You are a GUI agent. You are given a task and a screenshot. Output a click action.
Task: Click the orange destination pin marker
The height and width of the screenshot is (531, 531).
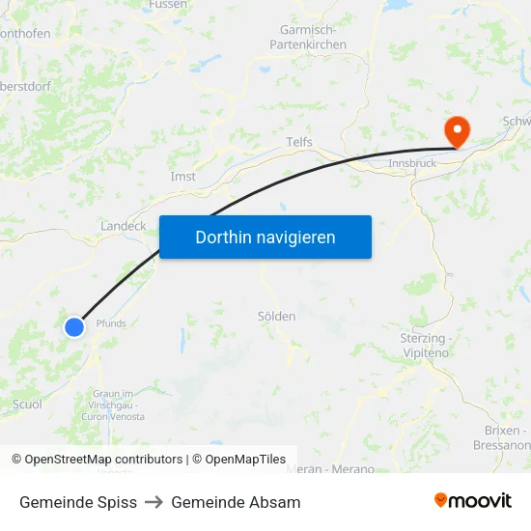(x=455, y=132)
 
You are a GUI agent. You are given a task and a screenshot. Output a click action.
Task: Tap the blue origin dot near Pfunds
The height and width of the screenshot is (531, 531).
(x=74, y=327)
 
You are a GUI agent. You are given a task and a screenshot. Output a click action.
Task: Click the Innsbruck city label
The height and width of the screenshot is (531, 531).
(x=412, y=164)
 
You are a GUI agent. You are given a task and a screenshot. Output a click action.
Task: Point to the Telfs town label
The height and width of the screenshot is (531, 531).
(x=299, y=142)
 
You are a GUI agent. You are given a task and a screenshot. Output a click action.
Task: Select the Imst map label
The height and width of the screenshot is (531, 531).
(x=182, y=177)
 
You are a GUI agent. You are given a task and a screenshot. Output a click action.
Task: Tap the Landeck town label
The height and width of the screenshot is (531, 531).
(x=123, y=226)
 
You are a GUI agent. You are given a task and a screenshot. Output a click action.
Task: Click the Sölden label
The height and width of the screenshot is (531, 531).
(x=276, y=316)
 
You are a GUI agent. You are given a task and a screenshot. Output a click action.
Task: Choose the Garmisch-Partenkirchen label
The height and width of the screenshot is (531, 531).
(x=308, y=38)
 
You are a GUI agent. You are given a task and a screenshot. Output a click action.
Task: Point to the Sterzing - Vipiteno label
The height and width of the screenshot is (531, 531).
(x=423, y=346)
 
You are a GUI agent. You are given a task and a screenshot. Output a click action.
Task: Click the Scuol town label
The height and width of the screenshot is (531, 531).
(x=27, y=405)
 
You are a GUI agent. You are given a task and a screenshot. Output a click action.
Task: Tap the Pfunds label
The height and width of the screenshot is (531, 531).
(x=111, y=323)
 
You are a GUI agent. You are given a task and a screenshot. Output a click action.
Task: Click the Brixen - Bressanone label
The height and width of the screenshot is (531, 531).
(x=502, y=437)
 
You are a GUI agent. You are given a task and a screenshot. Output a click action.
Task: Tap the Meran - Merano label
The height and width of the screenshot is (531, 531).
(x=331, y=469)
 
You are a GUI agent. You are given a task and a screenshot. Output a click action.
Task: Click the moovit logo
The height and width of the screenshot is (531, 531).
(x=473, y=501)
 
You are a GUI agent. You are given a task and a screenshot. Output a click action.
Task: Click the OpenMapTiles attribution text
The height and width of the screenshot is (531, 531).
(x=245, y=460)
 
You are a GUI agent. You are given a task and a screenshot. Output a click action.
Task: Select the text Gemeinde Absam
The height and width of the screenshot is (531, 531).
(x=236, y=502)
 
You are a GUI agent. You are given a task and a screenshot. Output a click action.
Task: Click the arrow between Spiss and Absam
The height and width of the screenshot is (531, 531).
(x=154, y=502)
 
